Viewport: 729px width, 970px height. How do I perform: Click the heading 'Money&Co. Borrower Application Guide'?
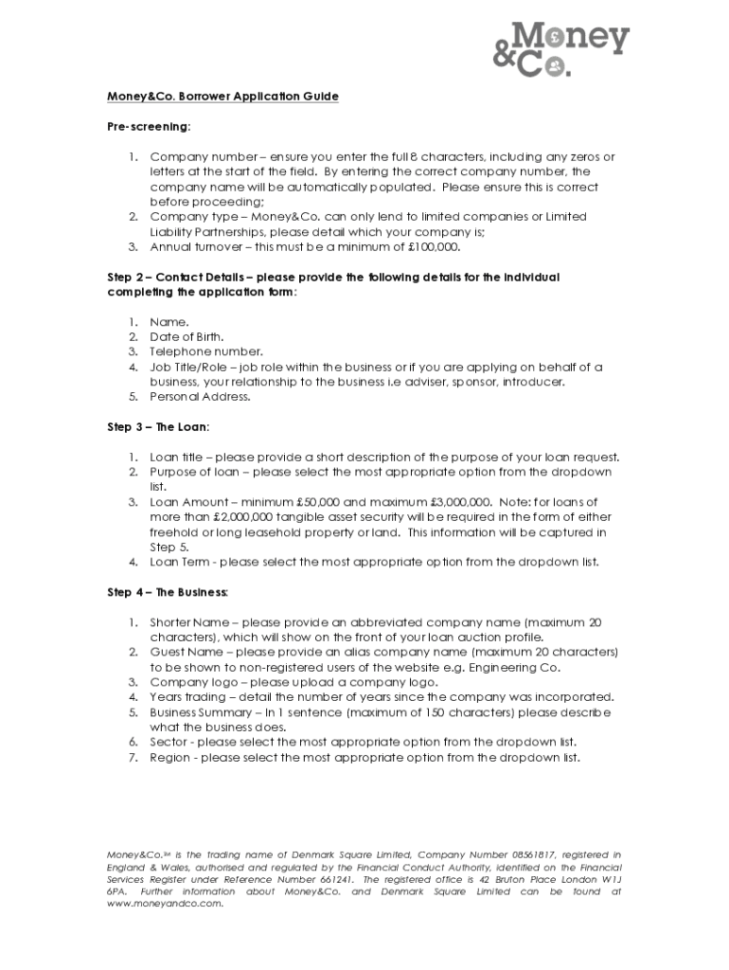coord(222,97)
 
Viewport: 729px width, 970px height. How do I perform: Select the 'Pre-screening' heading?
coord(148,126)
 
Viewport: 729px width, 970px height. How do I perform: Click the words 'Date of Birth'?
coord(187,336)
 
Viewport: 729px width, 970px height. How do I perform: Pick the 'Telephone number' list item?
coord(204,351)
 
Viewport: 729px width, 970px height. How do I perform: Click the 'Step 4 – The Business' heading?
coord(167,593)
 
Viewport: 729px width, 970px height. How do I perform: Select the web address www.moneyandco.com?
coord(164,904)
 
